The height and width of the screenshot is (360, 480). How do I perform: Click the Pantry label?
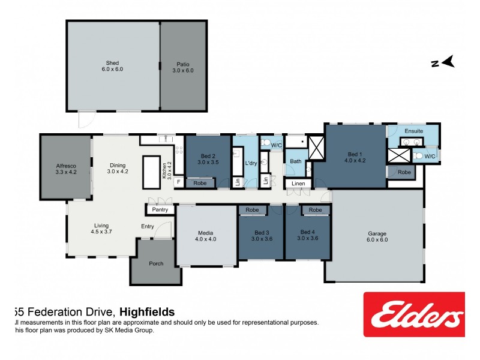(x=160, y=209)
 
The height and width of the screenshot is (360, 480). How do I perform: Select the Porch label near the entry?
(x=156, y=263)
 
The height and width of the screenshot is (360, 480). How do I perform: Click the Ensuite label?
(x=413, y=131)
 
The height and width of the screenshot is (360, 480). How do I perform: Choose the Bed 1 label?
(x=355, y=157)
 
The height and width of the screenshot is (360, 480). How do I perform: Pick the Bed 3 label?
(x=261, y=235)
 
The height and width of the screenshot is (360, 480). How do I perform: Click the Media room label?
(x=205, y=235)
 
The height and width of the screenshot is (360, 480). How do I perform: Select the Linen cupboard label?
(x=298, y=183)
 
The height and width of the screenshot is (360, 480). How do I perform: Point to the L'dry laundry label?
(x=251, y=163)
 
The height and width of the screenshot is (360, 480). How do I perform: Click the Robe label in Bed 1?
(x=405, y=172)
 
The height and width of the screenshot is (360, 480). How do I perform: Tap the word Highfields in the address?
(x=147, y=312)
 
